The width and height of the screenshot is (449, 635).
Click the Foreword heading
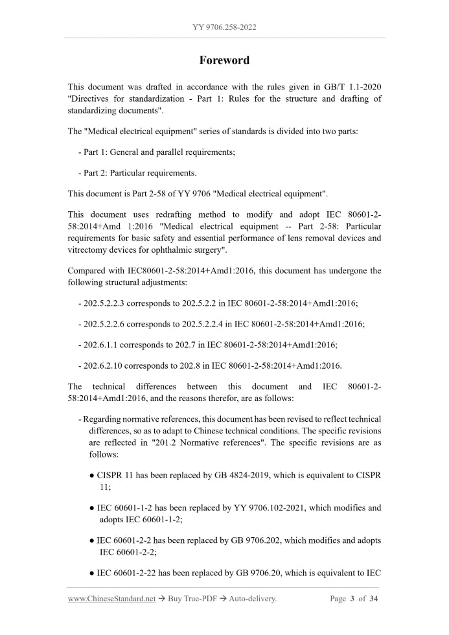tap(224, 60)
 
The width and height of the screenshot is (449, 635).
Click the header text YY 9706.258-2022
tap(224, 27)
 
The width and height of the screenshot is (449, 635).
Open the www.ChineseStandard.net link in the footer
tap(111, 599)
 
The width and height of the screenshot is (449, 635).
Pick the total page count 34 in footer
tap(373, 599)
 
